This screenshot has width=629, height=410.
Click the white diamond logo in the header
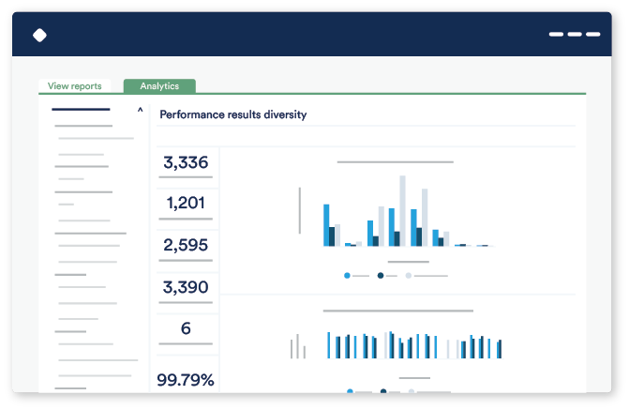point(39,36)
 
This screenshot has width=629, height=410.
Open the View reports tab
point(75,86)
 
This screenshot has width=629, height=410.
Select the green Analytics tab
point(159,86)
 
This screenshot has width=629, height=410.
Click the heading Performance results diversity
point(232,114)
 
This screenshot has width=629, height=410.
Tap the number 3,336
point(186,162)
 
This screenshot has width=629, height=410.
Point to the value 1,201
point(186,203)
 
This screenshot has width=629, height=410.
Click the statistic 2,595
point(186,245)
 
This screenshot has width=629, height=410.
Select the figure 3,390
point(186,287)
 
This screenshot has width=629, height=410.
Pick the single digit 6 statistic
point(186,328)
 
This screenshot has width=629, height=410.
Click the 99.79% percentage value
point(186,380)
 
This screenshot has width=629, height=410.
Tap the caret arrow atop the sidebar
point(141,111)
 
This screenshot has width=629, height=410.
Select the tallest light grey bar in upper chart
point(403,210)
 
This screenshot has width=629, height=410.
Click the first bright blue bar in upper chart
point(326,225)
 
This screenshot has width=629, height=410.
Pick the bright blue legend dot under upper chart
point(348,276)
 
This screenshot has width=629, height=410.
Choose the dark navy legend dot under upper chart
point(381,276)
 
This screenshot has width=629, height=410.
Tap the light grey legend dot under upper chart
point(409,276)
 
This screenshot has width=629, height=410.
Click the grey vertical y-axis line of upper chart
point(300,210)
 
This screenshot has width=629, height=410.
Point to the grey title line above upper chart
point(395,162)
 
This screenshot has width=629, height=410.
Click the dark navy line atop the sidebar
point(81,110)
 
